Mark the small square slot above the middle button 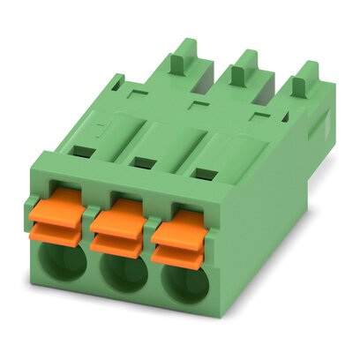point(142,161)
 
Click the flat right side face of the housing point(274,221)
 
